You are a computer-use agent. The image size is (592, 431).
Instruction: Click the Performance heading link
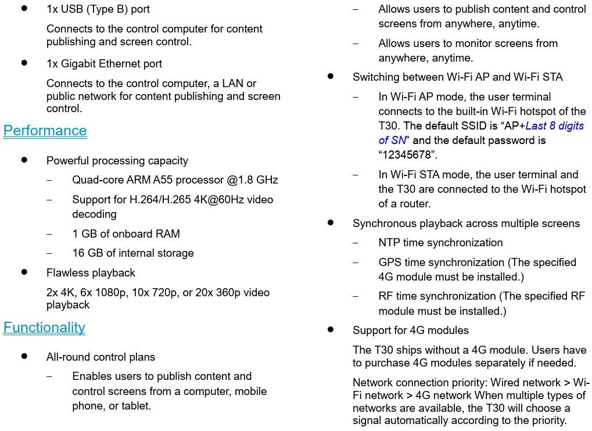tap(45, 131)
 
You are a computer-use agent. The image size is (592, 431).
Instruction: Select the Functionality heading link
tap(44, 328)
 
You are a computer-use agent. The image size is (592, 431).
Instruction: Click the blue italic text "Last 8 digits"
tap(555, 126)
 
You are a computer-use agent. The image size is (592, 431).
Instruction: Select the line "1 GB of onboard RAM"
tap(126, 234)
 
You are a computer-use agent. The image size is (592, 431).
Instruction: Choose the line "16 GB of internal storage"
tap(133, 253)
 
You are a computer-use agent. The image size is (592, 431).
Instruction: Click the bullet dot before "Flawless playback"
tap(24, 272)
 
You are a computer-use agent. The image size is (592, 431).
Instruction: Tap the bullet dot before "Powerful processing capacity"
tap(24, 160)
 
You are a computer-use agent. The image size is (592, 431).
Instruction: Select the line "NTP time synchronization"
tap(440, 243)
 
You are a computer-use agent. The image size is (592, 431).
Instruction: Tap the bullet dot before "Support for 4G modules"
tap(331, 329)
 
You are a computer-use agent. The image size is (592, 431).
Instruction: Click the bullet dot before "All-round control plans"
tap(24, 356)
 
